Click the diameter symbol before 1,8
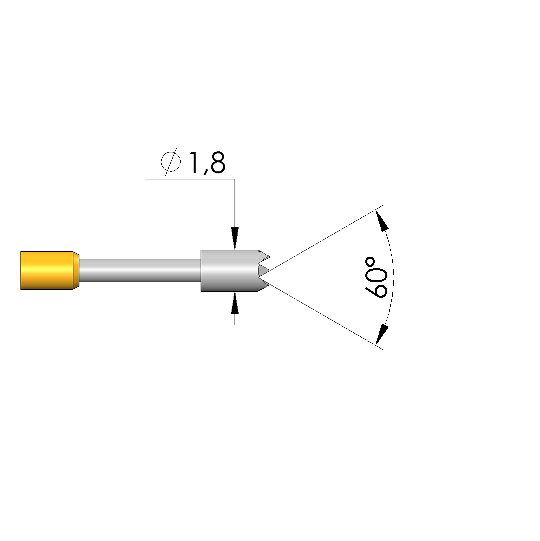pyautogui.click(x=171, y=162)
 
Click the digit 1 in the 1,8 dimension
pyautogui.click(x=194, y=162)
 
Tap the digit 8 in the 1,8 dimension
pyautogui.click(x=218, y=162)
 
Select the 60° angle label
pyautogui.click(x=376, y=277)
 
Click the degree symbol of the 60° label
pyautogui.click(x=370, y=261)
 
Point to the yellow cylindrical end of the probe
pyautogui.click(x=47, y=271)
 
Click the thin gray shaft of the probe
pyautogui.click(x=140, y=270)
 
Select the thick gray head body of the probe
pyautogui.click(x=230, y=271)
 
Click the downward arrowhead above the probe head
pyautogui.click(x=235, y=238)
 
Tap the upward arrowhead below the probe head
pyautogui.click(x=235, y=303)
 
